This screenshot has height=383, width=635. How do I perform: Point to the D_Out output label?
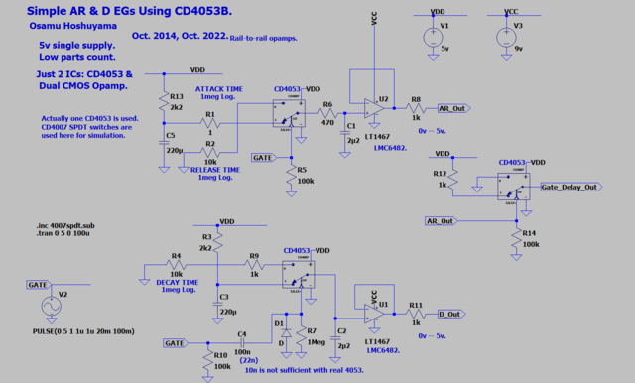[x=448, y=313]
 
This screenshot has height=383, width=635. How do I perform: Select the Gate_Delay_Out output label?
[x=569, y=187]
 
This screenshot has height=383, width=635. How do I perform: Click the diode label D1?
[x=279, y=323]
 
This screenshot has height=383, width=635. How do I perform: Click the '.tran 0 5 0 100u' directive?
[x=58, y=236]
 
